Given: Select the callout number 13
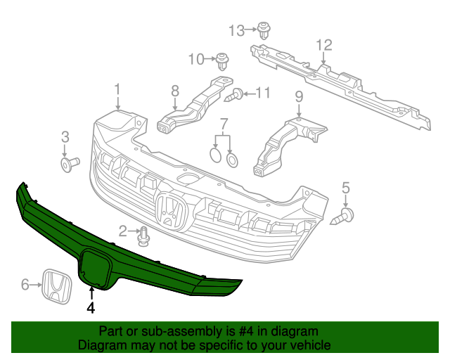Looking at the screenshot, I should [236, 30].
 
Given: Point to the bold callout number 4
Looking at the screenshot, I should [91, 307].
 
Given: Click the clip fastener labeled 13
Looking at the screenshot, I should [265, 30].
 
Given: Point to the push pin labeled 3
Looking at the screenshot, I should [69, 164].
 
